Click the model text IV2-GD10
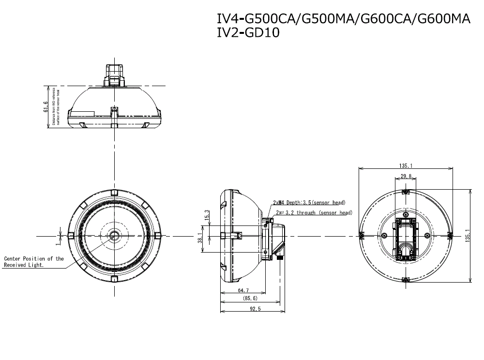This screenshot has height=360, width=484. point(248,33)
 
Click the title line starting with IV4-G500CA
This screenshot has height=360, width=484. point(344,19)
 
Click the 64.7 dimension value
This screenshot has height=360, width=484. point(243,290)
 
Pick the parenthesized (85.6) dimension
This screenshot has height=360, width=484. point(250,300)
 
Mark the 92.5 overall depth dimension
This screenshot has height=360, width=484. point(253,309)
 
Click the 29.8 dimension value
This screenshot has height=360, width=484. point(407,177)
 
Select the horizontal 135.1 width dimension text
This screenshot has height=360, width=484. point(406,165)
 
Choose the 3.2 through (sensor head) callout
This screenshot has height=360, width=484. point(314,212)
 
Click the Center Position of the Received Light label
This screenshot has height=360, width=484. point(33,262)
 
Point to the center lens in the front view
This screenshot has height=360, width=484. point(114,235)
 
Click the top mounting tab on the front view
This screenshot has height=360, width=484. point(114,193)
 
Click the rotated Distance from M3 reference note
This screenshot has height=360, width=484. point(56,107)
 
